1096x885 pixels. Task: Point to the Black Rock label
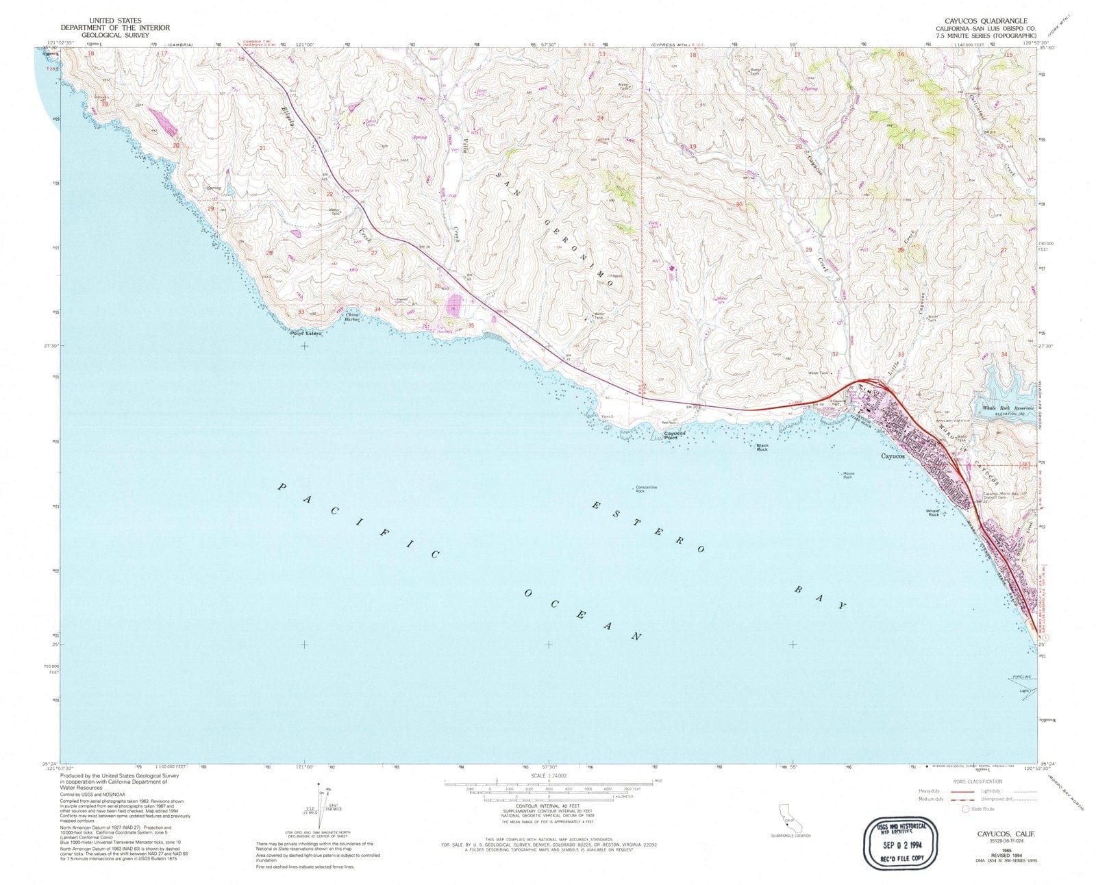click(762, 447)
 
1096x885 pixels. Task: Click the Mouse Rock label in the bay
click(847, 474)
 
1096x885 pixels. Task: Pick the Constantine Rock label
click(646, 489)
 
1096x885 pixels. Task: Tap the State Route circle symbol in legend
click(967, 809)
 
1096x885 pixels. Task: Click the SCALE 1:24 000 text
click(549, 775)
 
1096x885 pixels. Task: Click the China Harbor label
click(352, 317)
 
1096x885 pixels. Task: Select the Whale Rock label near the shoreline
click(933, 512)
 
